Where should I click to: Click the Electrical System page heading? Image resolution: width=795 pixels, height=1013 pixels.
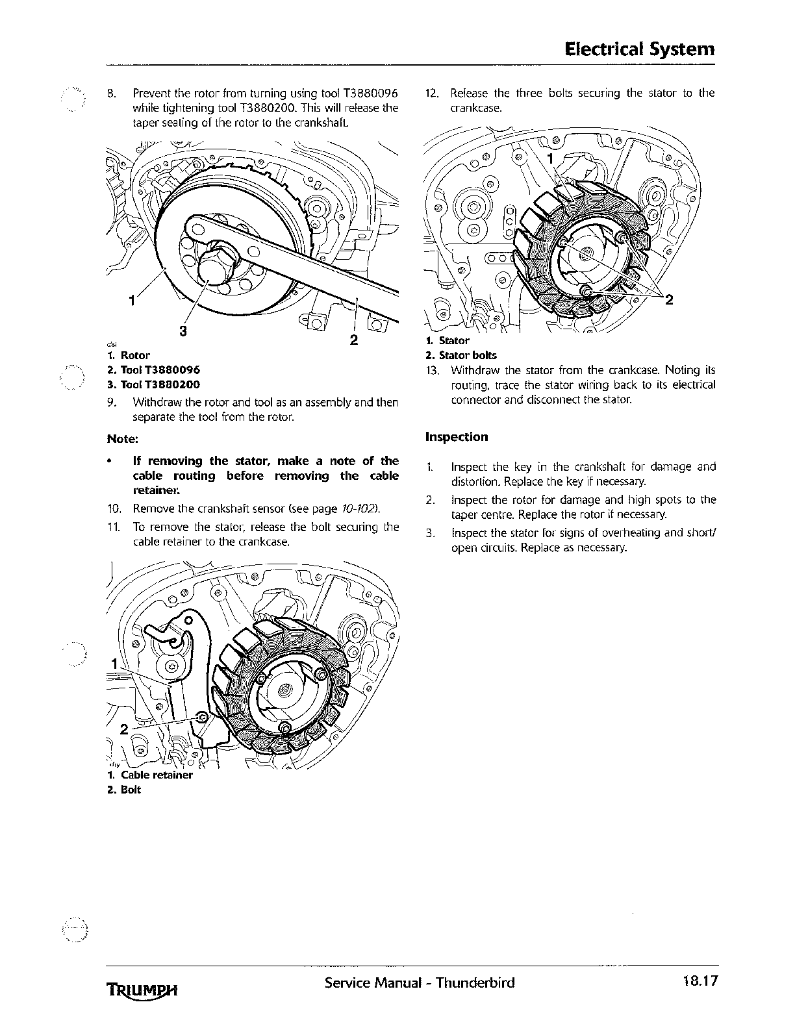[640, 49]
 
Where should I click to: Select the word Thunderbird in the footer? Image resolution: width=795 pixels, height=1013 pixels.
[475, 982]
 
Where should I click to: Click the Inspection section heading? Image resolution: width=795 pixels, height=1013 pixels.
[456, 437]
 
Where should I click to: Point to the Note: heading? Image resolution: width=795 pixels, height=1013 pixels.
[123, 438]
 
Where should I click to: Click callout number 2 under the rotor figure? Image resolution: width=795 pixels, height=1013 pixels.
[354, 339]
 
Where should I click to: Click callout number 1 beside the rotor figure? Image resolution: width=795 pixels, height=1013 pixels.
[132, 300]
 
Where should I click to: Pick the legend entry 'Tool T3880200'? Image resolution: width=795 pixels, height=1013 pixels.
[153, 384]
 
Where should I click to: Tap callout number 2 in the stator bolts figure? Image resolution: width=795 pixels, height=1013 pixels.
[669, 299]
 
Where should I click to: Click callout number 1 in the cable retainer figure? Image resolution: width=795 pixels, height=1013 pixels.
[114, 664]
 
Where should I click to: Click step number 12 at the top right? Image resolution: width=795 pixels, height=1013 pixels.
[432, 93]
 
